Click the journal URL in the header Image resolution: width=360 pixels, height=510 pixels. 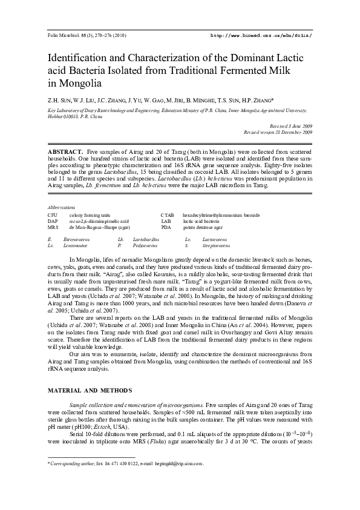pos(261,36)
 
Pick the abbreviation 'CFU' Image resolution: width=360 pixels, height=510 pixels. pos(53,215)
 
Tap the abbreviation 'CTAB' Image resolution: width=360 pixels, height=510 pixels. pos(167,215)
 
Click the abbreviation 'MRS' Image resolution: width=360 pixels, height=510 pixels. pos(53,227)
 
